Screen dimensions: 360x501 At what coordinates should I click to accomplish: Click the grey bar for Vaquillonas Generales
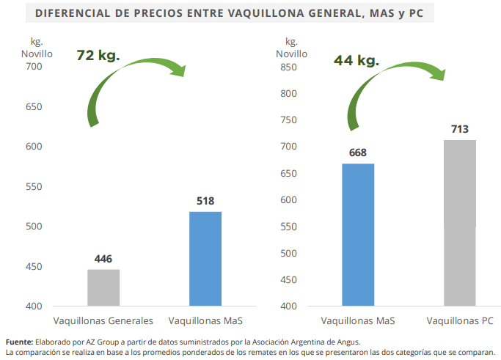tap(103, 287)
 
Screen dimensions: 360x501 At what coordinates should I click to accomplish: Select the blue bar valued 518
tap(205, 258)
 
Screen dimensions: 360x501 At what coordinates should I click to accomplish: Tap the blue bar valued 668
tap(358, 234)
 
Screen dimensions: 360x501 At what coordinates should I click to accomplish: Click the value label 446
tap(103, 260)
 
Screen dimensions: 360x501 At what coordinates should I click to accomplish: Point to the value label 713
tap(460, 130)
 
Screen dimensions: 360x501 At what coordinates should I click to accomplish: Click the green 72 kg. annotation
tap(98, 56)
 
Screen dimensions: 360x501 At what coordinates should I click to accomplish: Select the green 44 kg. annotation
tap(356, 61)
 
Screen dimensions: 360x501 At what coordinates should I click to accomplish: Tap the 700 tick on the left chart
tap(34, 67)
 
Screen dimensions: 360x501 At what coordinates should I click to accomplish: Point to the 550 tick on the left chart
tap(34, 186)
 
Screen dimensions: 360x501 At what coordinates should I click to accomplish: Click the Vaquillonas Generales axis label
tap(103, 321)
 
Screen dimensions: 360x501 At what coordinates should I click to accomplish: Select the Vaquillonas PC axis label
tap(460, 321)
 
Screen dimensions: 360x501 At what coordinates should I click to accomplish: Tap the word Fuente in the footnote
tap(19, 342)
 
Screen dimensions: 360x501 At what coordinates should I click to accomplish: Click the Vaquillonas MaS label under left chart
tap(205, 321)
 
